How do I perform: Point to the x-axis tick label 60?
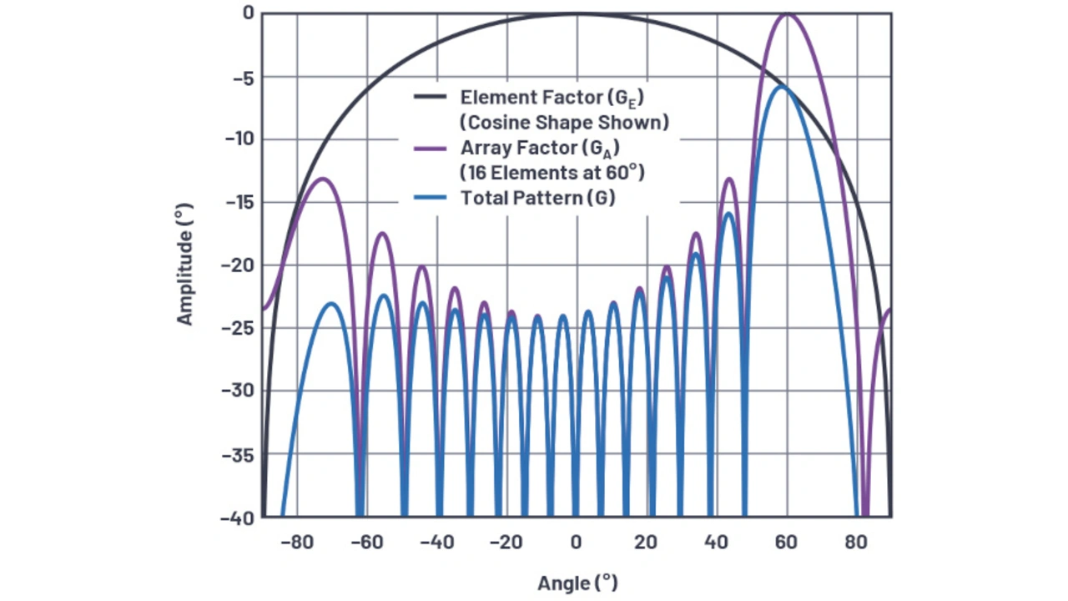pyautogui.click(x=785, y=543)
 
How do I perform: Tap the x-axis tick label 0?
pyautogui.click(x=575, y=543)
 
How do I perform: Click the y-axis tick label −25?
pyautogui.click(x=237, y=328)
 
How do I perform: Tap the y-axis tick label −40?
pyautogui.click(x=237, y=518)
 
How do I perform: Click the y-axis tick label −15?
pyautogui.click(x=237, y=202)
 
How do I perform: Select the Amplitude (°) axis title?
pyautogui.click(x=184, y=265)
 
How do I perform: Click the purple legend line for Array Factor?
pyautogui.click(x=431, y=149)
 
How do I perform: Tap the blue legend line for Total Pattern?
pyautogui.click(x=431, y=199)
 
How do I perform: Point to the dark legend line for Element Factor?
pyautogui.click(x=431, y=97)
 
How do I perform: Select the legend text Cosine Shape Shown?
pyautogui.click(x=564, y=122)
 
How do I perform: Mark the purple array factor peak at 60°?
pyautogui.click(x=786, y=13)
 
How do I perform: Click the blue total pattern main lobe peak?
pyautogui.click(x=782, y=86)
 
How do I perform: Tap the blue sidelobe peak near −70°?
pyautogui.click(x=332, y=303)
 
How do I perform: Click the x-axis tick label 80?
pyautogui.click(x=855, y=543)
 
